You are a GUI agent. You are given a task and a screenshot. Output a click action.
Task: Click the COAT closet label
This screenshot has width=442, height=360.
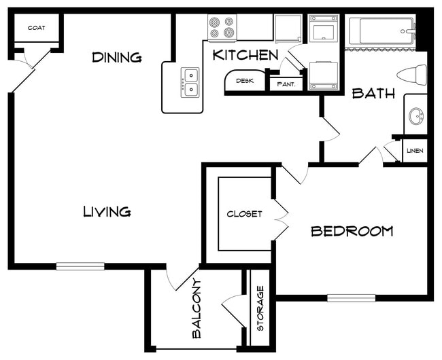(x=36, y=29)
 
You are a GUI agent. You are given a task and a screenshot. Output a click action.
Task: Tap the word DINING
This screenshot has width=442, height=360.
(x=117, y=58)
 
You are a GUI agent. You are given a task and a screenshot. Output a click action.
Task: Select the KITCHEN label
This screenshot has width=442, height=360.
(x=245, y=55)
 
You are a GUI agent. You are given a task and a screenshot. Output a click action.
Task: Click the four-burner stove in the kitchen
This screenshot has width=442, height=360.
(x=221, y=27)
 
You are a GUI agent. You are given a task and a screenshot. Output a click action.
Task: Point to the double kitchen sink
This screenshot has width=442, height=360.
(x=190, y=82)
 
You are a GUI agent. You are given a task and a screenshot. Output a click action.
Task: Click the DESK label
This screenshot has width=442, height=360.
(x=244, y=81)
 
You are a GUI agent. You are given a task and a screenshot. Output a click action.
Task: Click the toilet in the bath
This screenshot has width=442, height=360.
(x=412, y=73)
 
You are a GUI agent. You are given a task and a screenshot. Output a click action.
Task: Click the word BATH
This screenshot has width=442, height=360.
(x=373, y=94)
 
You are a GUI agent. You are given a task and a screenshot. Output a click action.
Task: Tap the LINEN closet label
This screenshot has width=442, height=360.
(x=415, y=151)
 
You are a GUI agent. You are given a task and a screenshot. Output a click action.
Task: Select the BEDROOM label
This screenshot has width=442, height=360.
(x=352, y=232)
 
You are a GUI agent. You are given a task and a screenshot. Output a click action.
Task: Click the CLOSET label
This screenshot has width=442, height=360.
(x=244, y=214)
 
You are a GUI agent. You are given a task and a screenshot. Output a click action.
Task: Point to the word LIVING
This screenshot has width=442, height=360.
(x=107, y=212)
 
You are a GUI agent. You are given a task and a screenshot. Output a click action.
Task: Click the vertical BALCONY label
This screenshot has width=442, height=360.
(x=197, y=308)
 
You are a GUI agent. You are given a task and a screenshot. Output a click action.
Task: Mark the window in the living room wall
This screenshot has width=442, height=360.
(x=80, y=266)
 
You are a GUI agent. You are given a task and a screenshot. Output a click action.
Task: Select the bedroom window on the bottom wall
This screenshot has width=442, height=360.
(x=351, y=298)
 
